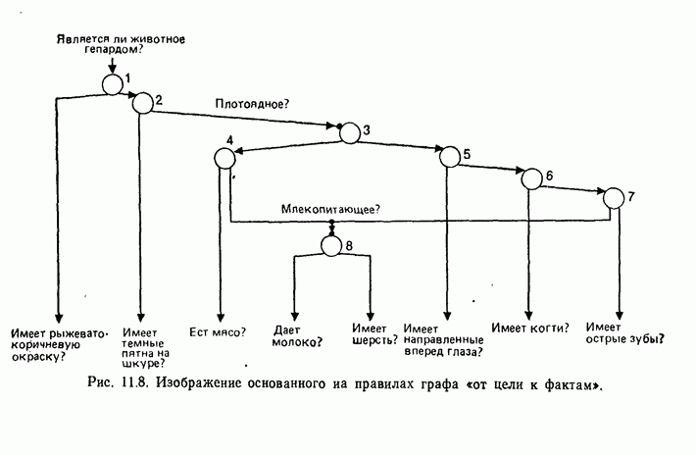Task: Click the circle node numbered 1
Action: (112, 83)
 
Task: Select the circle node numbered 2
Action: (143, 102)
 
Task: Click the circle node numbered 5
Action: (449, 157)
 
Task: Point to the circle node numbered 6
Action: (530, 178)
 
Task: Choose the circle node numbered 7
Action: (614, 197)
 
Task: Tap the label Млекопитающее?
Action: (330, 208)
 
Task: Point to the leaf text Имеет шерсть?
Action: (374, 335)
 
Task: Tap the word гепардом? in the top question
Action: (109, 50)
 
